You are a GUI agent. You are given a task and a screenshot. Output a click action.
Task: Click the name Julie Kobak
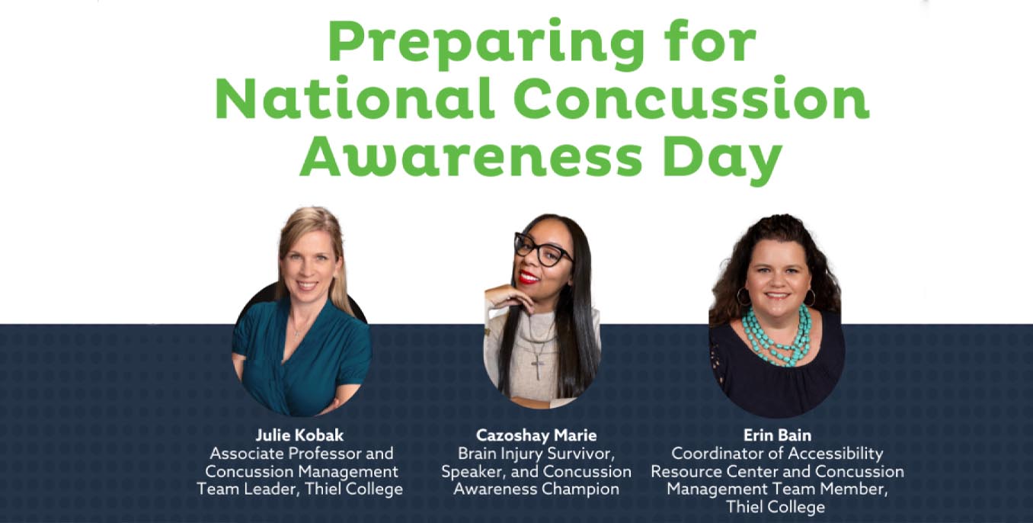point(300,435)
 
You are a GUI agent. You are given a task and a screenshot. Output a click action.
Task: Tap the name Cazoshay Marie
point(536,435)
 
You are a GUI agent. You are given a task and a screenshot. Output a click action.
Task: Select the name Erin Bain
point(776,435)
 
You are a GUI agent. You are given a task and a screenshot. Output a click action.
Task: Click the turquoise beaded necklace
point(777,336)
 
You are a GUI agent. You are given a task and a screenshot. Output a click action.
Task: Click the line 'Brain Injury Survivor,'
point(536,454)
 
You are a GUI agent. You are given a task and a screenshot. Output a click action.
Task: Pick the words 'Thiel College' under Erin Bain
point(776,507)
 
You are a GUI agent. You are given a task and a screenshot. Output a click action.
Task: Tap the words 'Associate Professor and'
point(301,454)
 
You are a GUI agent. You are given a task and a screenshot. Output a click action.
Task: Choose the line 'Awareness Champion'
point(536,489)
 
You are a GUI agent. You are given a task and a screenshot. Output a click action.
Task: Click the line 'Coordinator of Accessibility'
point(776,454)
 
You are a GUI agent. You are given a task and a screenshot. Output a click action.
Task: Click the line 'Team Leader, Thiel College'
point(300,489)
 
